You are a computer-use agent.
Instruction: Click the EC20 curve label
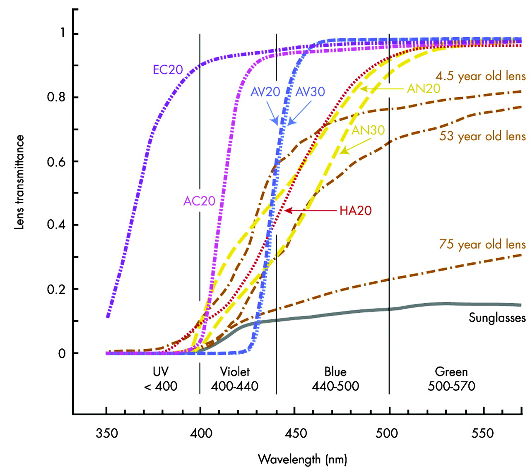pyautogui.click(x=168, y=69)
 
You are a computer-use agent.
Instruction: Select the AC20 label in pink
pyautogui.click(x=199, y=201)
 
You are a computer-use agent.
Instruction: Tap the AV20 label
pyautogui.click(x=265, y=91)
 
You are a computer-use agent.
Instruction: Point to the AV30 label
pyautogui.click(x=310, y=91)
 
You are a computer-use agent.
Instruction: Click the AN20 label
pyautogui.click(x=423, y=89)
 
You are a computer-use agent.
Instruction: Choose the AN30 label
pyautogui.click(x=368, y=130)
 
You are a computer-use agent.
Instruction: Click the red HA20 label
pyautogui.click(x=355, y=211)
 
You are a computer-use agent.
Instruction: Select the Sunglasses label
pyautogui.click(x=497, y=318)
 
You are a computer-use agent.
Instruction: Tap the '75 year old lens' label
pyautogui.click(x=482, y=244)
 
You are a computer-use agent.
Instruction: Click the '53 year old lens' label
pyautogui.click(x=482, y=136)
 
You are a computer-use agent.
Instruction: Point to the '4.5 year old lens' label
pyautogui.click(x=480, y=76)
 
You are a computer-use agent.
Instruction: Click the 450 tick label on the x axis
pyautogui.click(x=296, y=433)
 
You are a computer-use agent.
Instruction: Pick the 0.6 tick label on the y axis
pyautogui.click(x=56, y=162)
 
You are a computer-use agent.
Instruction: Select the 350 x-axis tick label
pyautogui.click(x=107, y=433)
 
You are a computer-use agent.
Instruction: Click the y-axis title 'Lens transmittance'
pyautogui.click(x=19, y=182)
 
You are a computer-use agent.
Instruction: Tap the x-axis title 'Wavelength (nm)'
pyautogui.click(x=302, y=459)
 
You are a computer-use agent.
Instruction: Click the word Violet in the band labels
pyautogui.click(x=235, y=371)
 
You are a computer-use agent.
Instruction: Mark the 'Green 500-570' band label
pyautogui.click(x=451, y=379)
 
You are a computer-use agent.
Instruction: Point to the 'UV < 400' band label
pyautogui.click(x=161, y=379)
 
